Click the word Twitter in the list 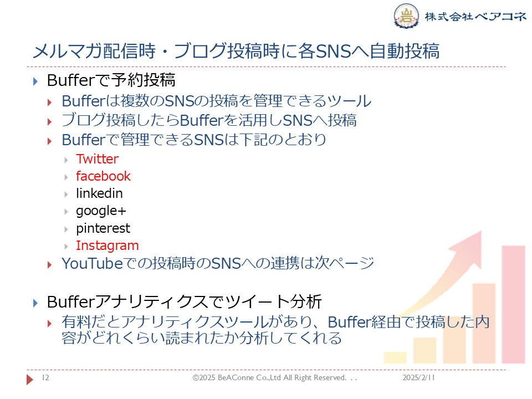[98, 159]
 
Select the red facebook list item [103, 176]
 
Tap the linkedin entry [99, 193]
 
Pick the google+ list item [101, 211]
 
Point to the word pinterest [103, 228]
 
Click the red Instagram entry [107, 245]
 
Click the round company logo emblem [406, 16]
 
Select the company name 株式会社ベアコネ [475, 16]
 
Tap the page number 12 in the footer [45, 377]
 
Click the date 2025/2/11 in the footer [418, 377]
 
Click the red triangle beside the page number [30, 379]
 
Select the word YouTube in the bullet [92, 264]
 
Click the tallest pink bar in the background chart [513, 305]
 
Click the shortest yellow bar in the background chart [395, 357]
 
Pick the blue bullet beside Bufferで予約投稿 [35, 81]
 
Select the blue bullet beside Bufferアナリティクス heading [35, 303]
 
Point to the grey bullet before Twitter [66, 160]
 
